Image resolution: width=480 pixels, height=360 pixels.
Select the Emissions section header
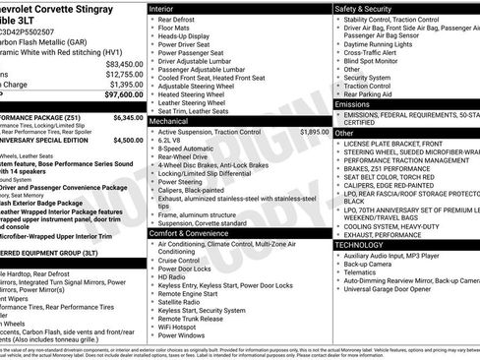[x=352, y=103]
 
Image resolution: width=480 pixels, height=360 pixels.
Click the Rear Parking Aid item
[x=371, y=93]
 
